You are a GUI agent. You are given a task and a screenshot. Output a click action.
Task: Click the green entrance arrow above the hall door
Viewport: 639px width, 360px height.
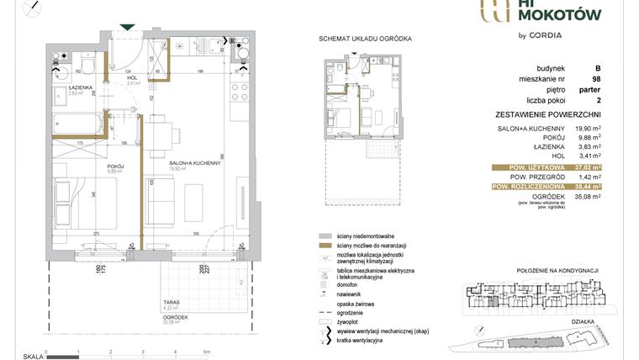[x=126, y=28]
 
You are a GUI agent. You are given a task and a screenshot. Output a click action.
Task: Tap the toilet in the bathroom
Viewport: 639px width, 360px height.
[x=87, y=65]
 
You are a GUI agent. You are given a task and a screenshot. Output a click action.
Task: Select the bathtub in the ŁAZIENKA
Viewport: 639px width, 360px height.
[x=77, y=124]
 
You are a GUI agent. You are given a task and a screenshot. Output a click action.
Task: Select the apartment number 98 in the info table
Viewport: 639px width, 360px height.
[x=595, y=79]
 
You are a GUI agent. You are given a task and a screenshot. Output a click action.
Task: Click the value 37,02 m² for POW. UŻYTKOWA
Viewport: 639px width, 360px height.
[x=594, y=167]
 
